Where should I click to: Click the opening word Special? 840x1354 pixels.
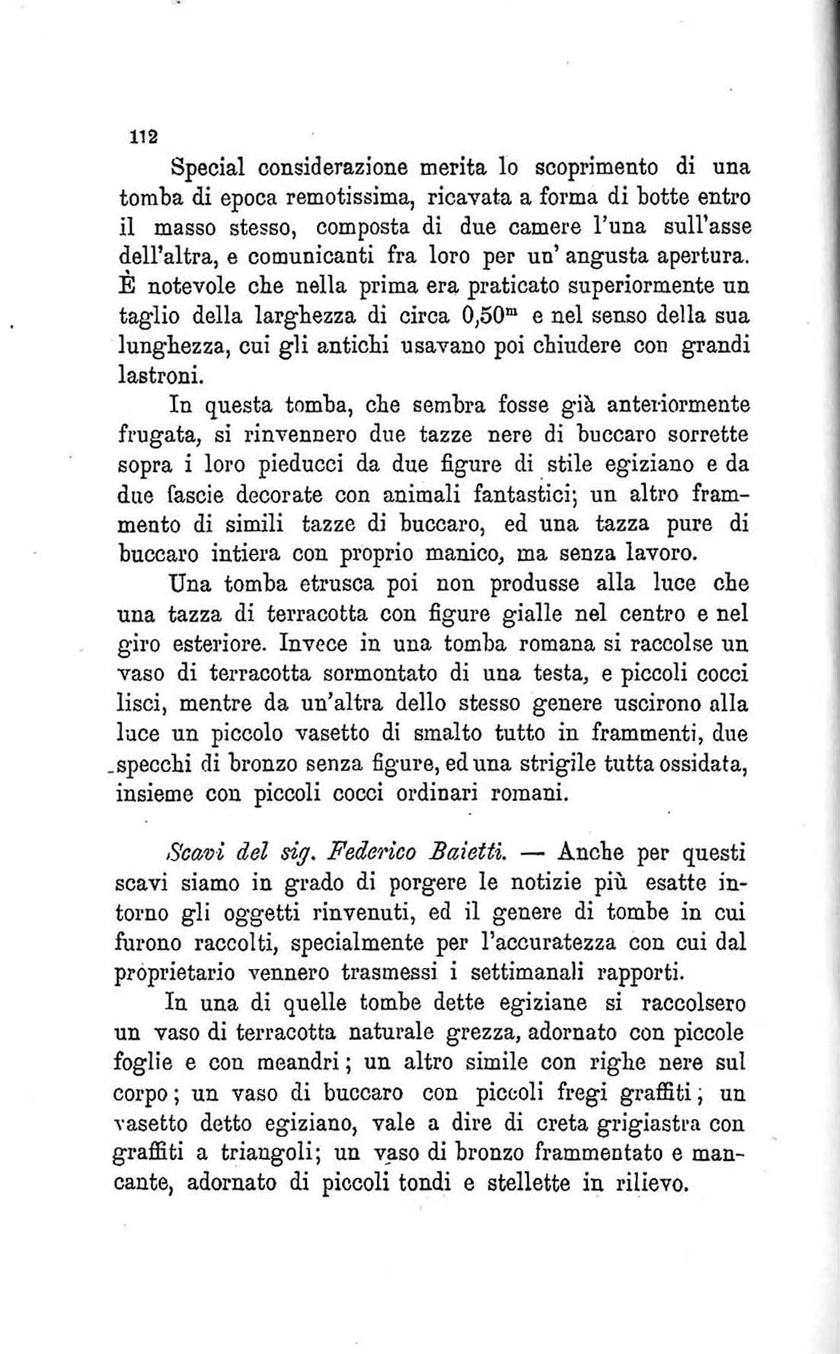(209, 166)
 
